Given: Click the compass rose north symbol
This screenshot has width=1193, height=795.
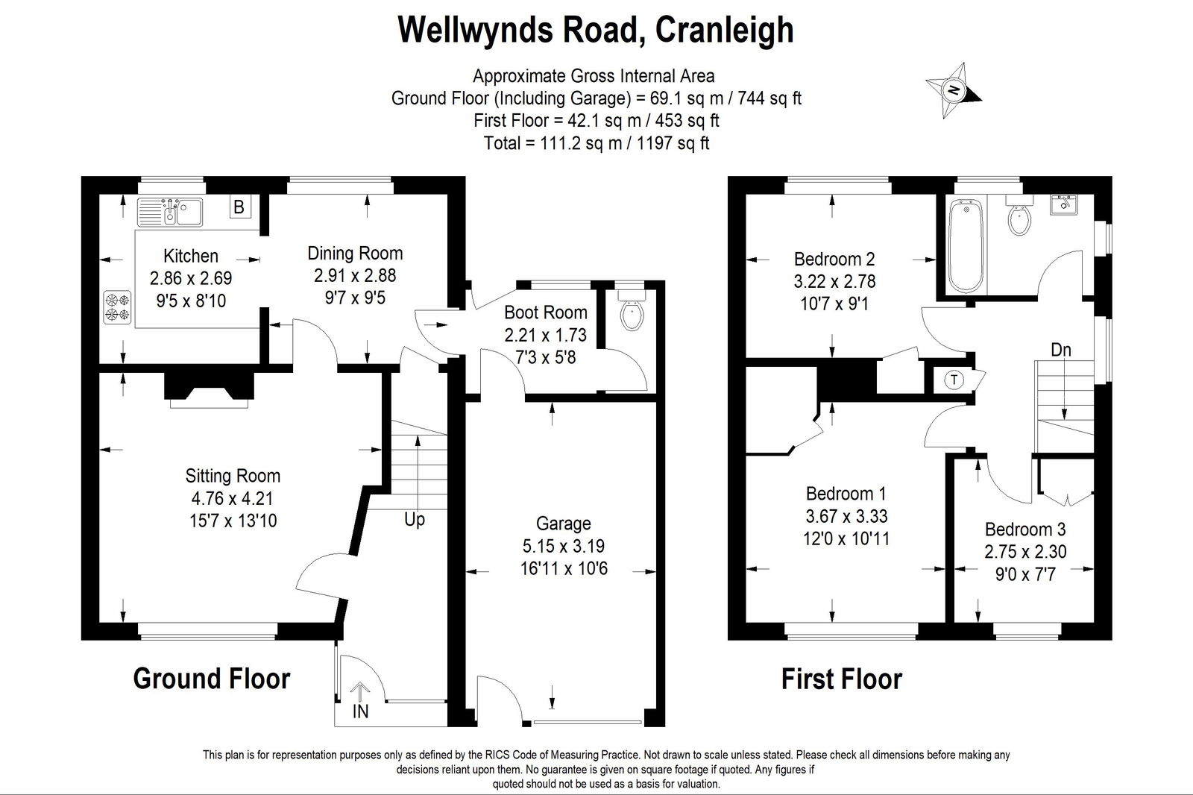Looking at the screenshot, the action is coord(954,90).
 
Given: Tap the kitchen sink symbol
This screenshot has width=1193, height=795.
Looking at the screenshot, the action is coord(170,212).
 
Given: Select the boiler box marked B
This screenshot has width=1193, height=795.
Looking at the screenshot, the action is coord(239,207).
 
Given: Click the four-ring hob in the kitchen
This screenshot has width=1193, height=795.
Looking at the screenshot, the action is coord(117,307).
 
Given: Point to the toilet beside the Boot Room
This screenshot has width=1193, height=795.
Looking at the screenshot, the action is coord(632,310).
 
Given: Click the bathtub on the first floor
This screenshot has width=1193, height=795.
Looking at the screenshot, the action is coord(966,245).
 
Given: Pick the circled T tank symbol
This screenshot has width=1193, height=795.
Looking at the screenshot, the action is coord(954,380).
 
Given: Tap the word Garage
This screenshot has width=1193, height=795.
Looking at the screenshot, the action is coord(564,524).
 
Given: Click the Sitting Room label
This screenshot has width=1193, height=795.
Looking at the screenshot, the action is coord(233,476).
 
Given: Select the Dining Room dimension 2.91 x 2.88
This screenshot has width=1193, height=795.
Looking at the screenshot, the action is coord(355,275).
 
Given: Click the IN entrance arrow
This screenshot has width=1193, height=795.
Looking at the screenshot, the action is coord(361,692).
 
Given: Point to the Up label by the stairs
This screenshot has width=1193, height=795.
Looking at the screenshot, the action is coord(415,520).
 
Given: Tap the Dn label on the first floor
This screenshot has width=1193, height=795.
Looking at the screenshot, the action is coord(1061,350).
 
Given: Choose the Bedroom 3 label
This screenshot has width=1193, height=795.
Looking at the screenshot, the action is coord(1025,529).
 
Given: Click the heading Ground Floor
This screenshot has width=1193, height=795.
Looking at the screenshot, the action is coord(212,679).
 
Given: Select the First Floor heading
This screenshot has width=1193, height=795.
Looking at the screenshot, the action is coord(842,679).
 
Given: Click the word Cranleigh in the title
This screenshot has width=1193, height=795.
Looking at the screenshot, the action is coord(724,31).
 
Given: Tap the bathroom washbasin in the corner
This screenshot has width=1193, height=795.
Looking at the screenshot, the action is coord(1063,204).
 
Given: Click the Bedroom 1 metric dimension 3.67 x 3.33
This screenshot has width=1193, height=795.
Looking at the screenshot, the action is coord(846,516).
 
